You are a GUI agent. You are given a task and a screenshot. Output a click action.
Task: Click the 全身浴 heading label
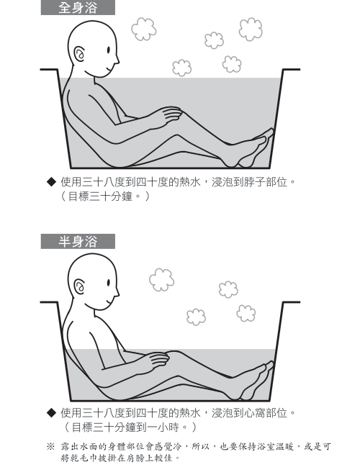(78, 8)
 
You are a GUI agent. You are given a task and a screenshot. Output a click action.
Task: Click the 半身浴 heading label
(78, 241)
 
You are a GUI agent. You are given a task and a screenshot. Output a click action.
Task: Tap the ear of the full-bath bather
(80, 54)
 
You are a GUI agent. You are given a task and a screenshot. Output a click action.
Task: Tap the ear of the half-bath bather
(80, 287)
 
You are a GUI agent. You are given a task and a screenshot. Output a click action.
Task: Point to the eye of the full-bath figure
(108, 50)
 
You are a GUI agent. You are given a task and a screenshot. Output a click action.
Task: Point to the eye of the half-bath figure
(109, 283)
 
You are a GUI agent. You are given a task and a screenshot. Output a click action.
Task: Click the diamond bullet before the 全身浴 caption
(51, 181)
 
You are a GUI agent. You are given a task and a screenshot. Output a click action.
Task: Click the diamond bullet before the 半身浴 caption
(51, 412)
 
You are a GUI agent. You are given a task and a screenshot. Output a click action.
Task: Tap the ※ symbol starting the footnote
(50, 446)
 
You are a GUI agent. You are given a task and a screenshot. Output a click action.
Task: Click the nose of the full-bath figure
(117, 60)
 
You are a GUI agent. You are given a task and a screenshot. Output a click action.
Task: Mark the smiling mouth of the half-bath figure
(109, 301)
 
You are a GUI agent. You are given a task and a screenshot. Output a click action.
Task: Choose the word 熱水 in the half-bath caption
(190, 413)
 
